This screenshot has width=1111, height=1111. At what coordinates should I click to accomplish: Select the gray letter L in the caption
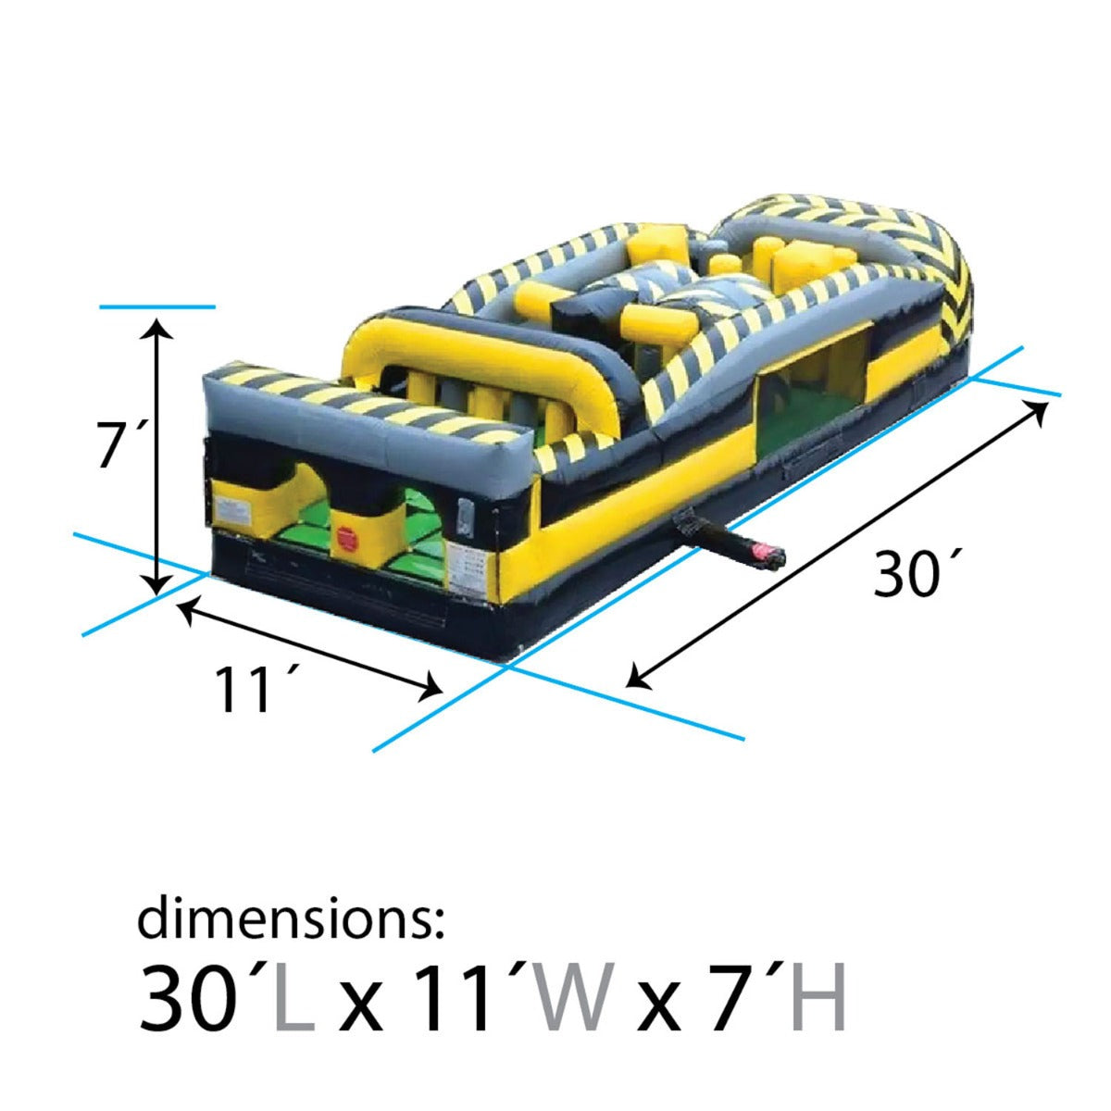click(295, 998)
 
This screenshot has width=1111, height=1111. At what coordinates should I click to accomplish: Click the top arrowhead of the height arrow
click(160, 326)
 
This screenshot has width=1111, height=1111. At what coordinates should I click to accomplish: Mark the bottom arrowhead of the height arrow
click(160, 583)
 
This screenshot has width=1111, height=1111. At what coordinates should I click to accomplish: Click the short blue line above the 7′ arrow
click(157, 306)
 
